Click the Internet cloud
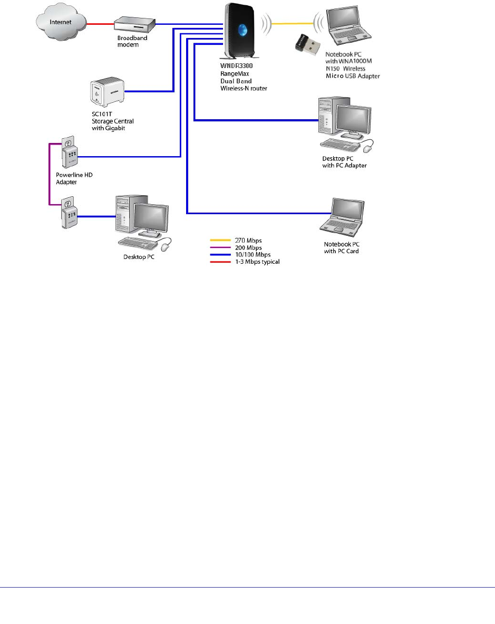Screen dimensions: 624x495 (x=61, y=22)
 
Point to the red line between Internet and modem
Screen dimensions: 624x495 (x=101, y=24)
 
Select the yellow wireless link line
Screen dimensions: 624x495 (x=293, y=24)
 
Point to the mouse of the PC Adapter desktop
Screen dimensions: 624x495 (x=367, y=147)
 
